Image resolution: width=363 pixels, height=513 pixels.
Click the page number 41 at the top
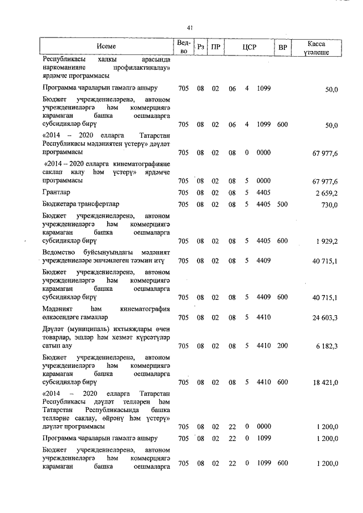[190, 27]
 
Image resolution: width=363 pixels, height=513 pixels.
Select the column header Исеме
[106, 46]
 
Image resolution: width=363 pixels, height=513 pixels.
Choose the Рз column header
[200, 46]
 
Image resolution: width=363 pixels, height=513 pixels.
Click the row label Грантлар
[56, 192]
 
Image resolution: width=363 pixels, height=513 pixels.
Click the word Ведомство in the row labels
[60, 252]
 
